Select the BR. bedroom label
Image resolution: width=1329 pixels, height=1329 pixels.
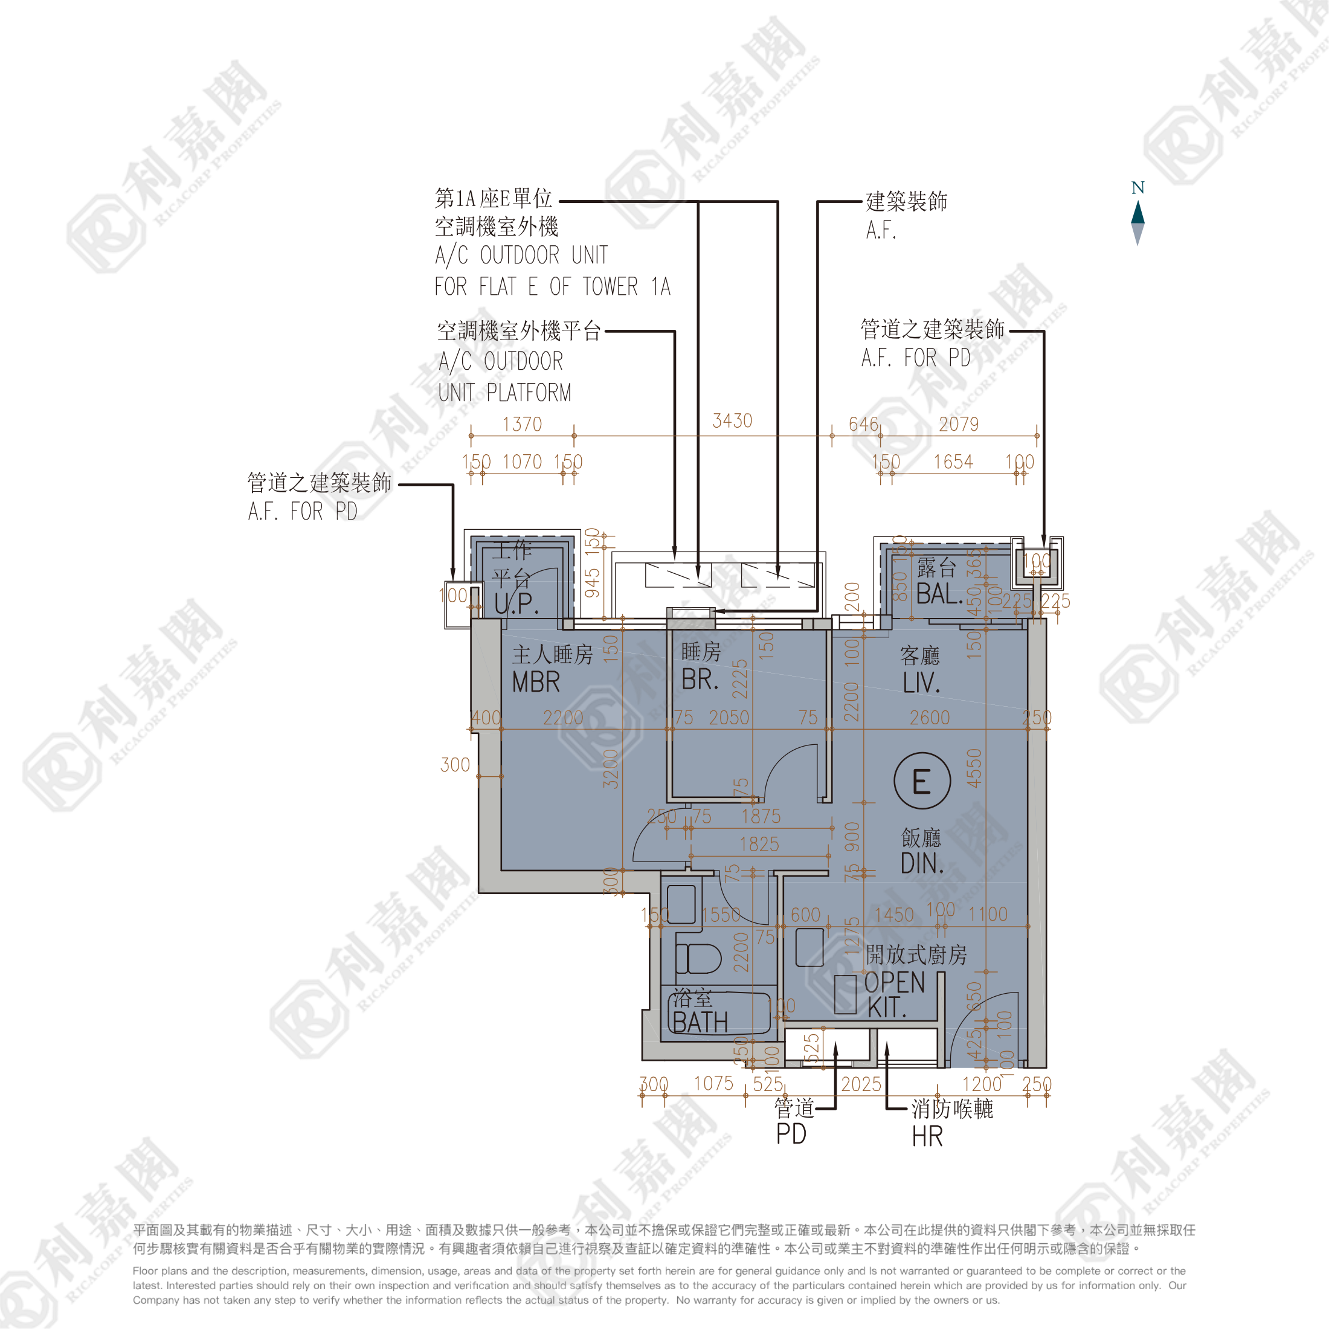(700, 680)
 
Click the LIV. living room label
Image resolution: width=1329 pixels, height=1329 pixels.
(921, 683)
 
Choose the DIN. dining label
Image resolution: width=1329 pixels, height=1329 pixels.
(922, 864)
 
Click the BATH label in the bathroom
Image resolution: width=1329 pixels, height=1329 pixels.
(700, 1023)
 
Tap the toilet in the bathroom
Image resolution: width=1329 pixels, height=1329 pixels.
(698, 958)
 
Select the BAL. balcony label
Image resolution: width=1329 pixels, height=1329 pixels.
(938, 594)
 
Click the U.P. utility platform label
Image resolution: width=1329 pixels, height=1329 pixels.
(516, 603)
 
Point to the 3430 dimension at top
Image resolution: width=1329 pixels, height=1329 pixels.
(733, 421)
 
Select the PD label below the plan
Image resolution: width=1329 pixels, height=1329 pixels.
(791, 1134)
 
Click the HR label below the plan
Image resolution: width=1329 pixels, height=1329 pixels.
(927, 1137)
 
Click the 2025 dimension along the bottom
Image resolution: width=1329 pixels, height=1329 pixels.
(861, 1085)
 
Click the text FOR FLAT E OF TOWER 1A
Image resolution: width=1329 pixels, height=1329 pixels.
(552, 287)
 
